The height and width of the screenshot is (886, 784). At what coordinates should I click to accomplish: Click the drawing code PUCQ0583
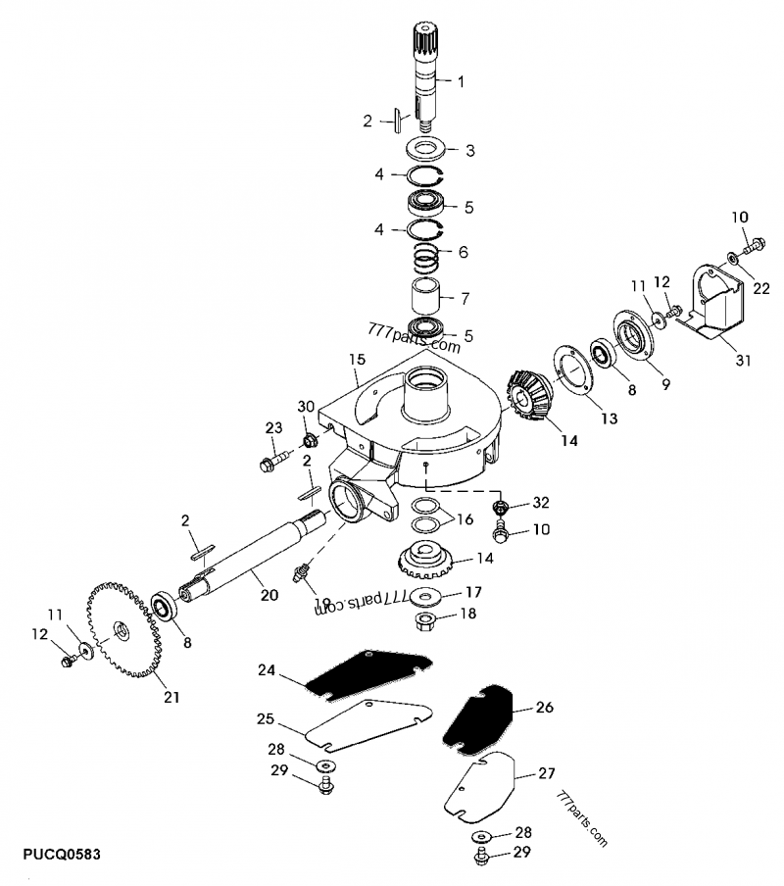tap(55, 856)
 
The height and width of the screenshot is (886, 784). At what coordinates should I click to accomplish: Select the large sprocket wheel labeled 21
tap(122, 628)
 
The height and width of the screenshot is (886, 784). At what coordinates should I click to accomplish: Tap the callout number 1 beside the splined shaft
tap(463, 80)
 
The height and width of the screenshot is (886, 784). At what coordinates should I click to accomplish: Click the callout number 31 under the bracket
tap(743, 361)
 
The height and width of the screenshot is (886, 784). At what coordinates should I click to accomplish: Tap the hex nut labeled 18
tap(427, 618)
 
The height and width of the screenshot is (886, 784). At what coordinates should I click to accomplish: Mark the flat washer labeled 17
tap(427, 597)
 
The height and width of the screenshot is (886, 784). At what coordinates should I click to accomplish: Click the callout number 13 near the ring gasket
tap(609, 418)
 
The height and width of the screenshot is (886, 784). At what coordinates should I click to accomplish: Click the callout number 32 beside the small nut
tap(540, 502)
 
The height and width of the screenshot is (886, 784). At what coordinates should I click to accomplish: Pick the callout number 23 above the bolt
tap(272, 426)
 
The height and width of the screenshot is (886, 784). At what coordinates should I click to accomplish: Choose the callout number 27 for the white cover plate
tap(546, 773)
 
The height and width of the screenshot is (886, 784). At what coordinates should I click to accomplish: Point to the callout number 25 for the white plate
tap(265, 719)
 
